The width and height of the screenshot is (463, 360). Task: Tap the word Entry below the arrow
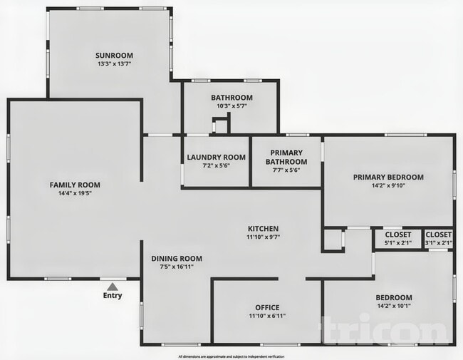(x=112, y=295)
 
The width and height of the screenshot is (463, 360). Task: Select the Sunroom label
(x=115, y=55)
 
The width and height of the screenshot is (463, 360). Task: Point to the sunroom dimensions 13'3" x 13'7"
(x=115, y=64)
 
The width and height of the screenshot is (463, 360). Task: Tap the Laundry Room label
(x=217, y=157)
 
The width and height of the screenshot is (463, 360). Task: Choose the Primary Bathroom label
(x=286, y=157)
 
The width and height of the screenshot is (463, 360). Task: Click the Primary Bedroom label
(x=388, y=178)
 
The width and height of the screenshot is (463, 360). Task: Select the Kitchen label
(x=263, y=228)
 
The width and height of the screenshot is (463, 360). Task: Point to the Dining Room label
(x=177, y=258)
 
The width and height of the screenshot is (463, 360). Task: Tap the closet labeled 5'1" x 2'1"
(x=397, y=238)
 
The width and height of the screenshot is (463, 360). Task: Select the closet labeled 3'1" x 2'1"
(x=438, y=238)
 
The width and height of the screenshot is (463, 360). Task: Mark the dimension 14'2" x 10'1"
(x=394, y=307)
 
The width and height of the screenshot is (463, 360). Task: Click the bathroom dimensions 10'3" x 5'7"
(x=231, y=106)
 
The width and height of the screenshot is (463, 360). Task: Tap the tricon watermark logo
(x=388, y=331)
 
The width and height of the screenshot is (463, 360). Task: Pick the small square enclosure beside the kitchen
(x=333, y=240)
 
